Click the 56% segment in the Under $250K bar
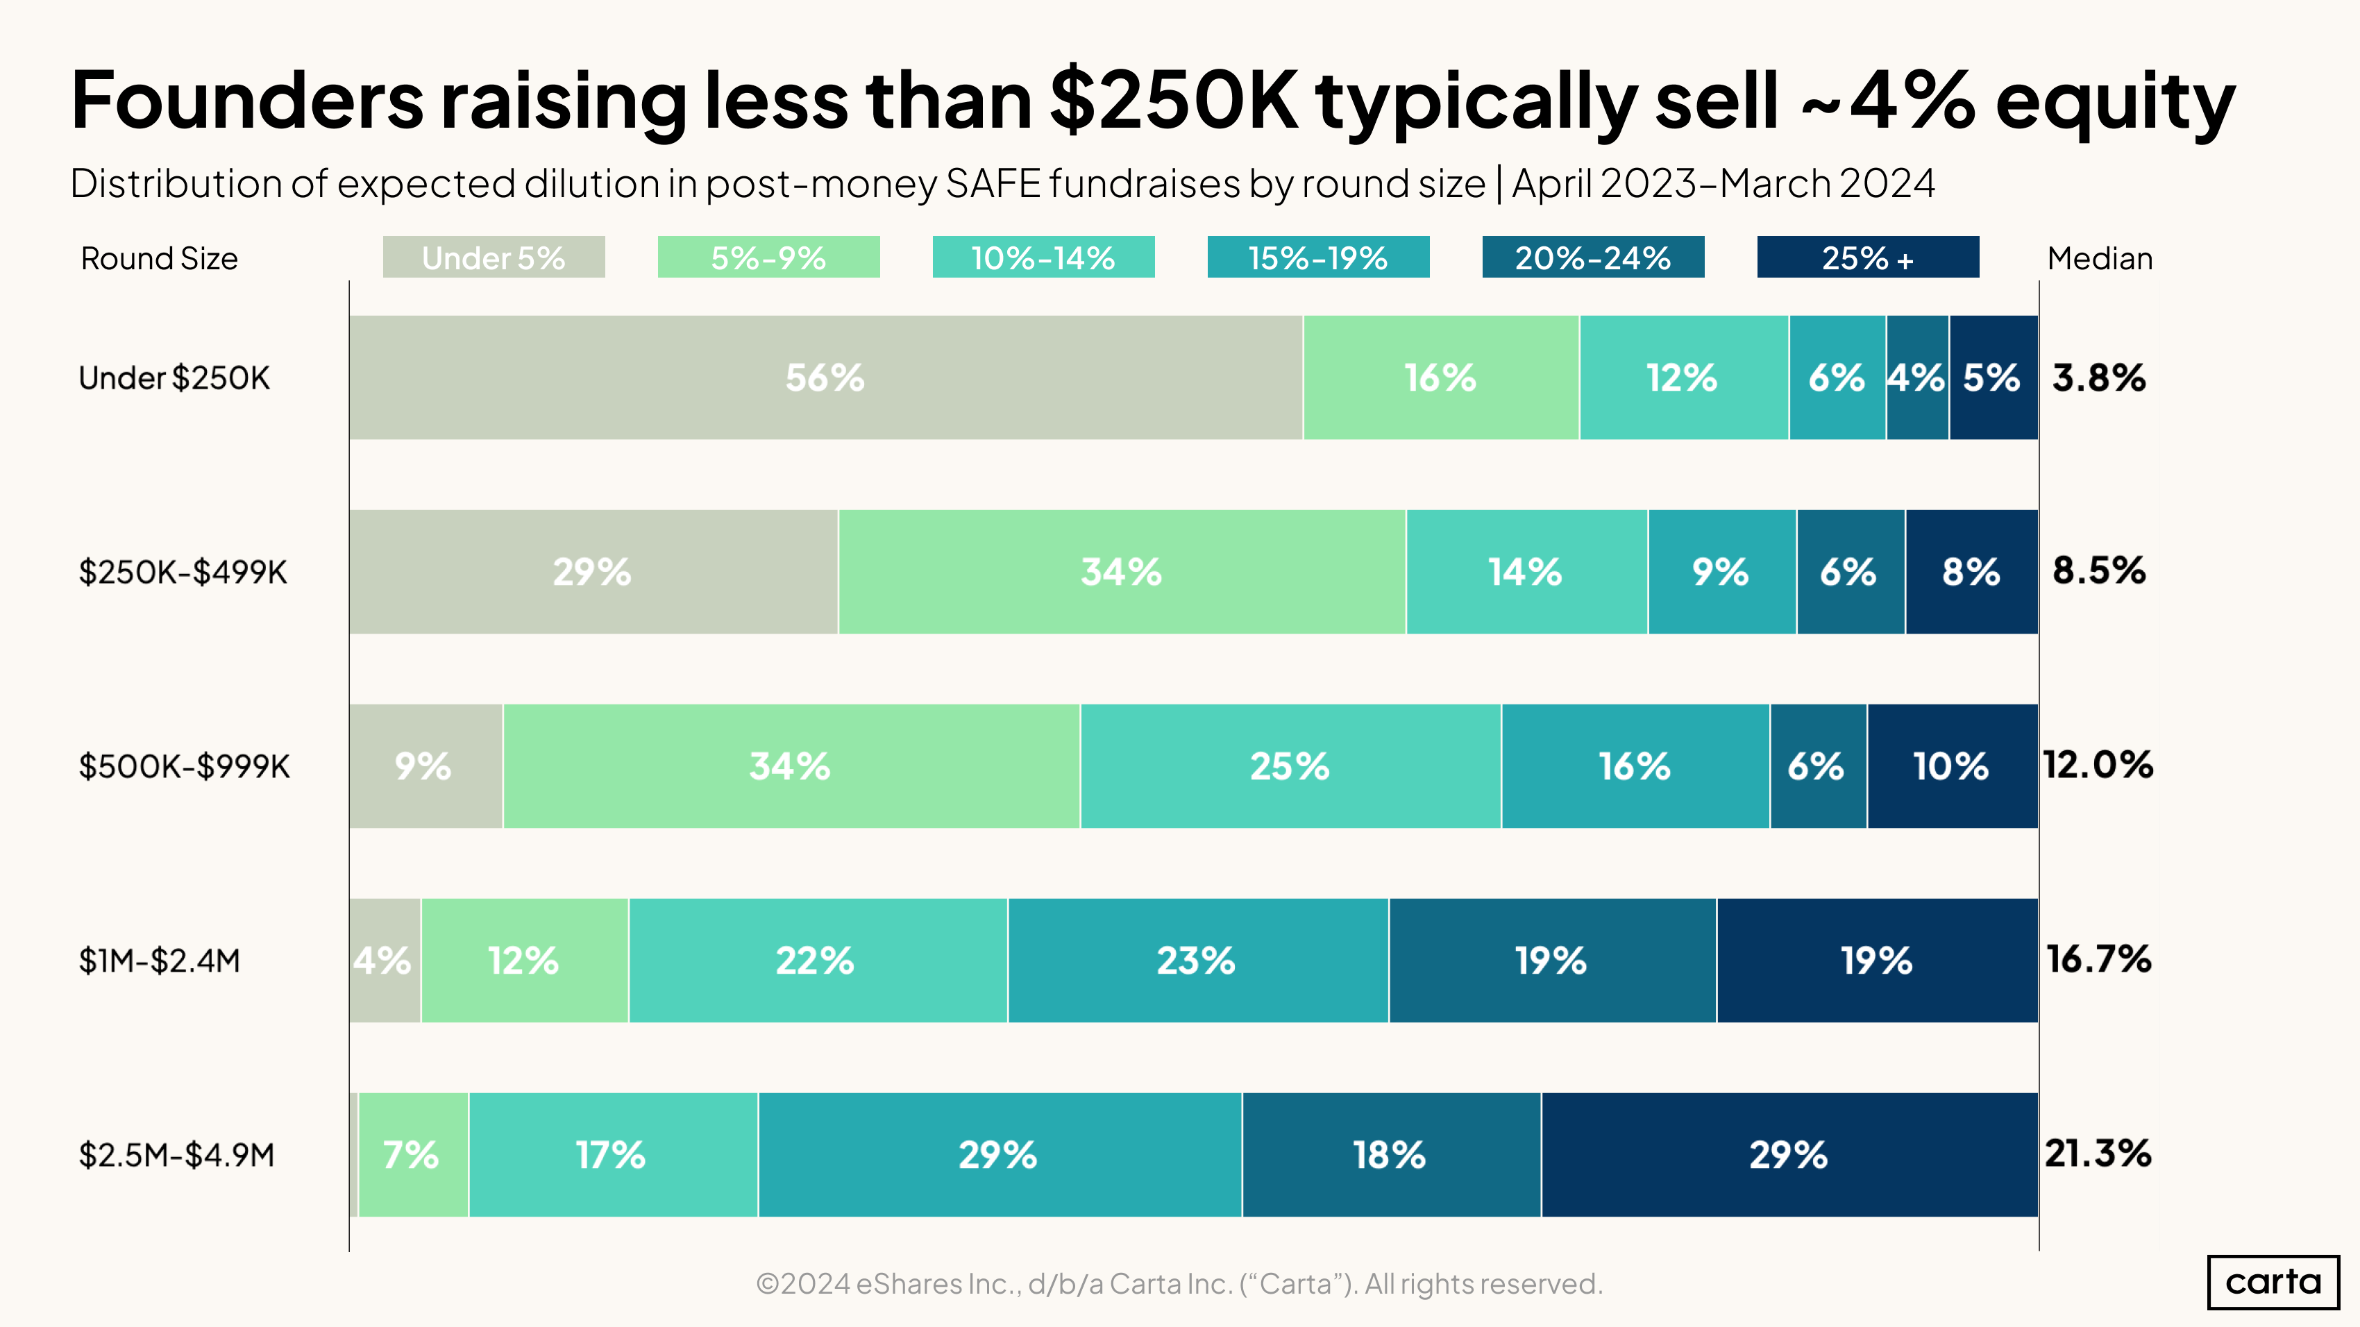tap(825, 378)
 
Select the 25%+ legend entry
tap(1867, 257)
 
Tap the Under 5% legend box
tap(494, 257)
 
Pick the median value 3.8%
tap(2098, 378)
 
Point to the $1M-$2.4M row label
tap(160, 961)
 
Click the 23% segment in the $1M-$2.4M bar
tap(1197, 961)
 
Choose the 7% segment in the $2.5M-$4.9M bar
tap(412, 1155)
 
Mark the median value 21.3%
tap(2098, 1154)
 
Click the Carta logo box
tap(2273, 1282)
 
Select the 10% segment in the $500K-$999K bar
tap(1951, 766)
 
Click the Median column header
tap(2100, 258)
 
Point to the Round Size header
tap(160, 258)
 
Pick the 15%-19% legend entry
tap(1317, 257)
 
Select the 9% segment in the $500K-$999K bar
tap(424, 766)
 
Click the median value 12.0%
tap(2098, 766)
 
